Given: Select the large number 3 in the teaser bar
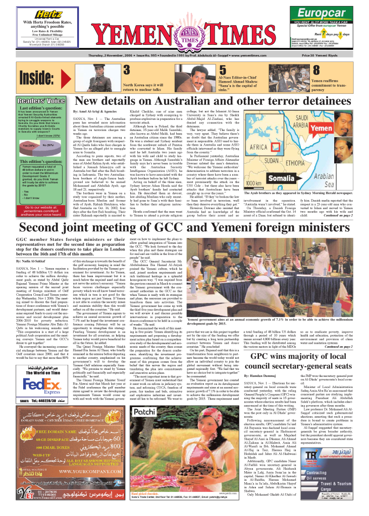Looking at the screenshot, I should tap(128, 69).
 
